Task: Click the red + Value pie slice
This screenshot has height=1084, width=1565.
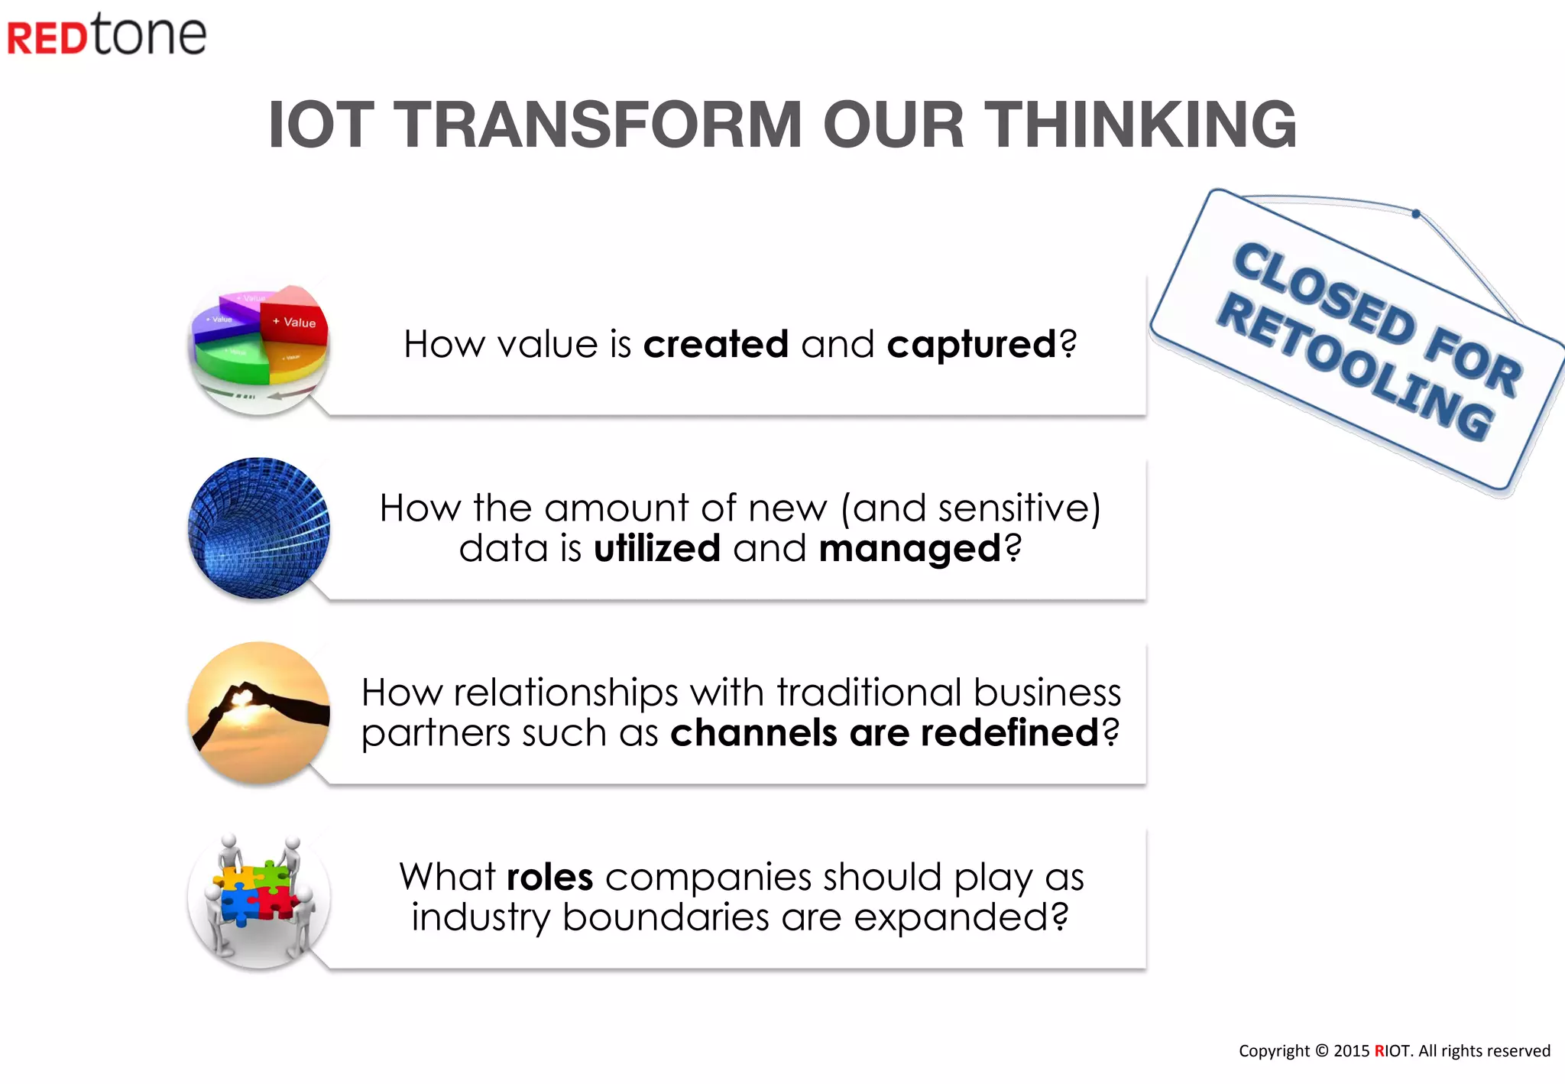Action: click(295, 320)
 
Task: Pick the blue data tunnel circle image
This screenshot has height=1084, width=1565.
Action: click(259, 528)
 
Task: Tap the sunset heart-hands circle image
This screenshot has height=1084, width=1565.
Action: click(259, 712)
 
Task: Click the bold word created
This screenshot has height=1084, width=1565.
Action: click(715, 344)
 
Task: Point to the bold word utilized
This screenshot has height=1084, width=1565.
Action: click(656, 548)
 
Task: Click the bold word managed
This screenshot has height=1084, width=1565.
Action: click(909, 549)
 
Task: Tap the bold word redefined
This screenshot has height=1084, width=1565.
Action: click(1009, 732)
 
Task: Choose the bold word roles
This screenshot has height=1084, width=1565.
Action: click(549, 877)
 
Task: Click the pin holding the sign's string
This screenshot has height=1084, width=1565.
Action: click(1416, 214)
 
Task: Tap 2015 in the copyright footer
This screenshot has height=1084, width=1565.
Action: click(1351, 1051)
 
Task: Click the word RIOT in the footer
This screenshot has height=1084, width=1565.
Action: click(1392, 1051)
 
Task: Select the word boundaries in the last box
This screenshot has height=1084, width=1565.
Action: click(665, 917)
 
